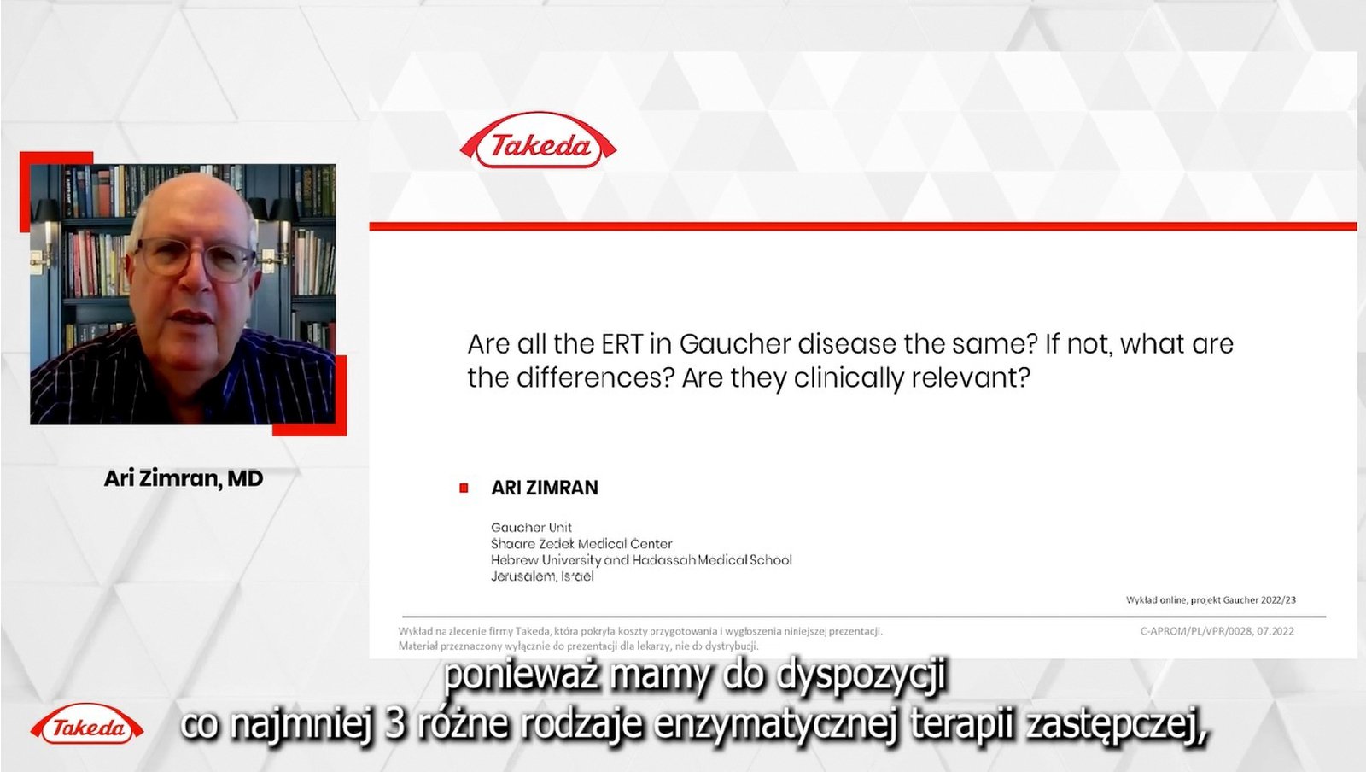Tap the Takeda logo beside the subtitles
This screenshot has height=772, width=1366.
click(87, 727)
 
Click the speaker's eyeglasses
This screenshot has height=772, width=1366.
click(195, 258)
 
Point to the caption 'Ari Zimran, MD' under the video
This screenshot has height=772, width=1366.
click(184, 478)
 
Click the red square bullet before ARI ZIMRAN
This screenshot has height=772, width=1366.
click(464, 488)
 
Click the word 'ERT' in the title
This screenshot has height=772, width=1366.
click(622, 344)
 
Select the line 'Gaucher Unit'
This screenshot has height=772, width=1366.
click(531, 528)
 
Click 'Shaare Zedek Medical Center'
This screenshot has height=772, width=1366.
click(581, 544)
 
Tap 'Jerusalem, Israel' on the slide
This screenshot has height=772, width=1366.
click(542, 576)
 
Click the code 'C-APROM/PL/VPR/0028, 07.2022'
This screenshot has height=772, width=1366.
click(1217, 631)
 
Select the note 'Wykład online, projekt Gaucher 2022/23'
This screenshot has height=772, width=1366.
click(1211, 600)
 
